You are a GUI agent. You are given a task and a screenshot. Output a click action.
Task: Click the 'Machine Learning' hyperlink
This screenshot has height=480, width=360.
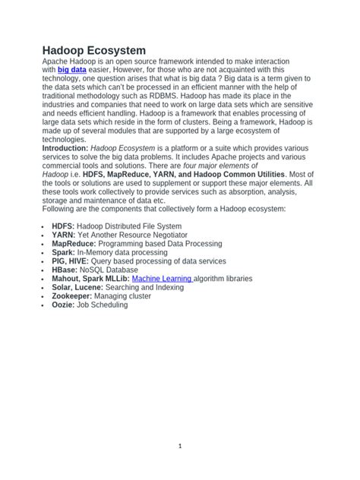(x=162, y=279)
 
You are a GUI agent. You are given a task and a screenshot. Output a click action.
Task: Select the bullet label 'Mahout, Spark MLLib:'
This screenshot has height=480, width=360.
(x=90, y=279)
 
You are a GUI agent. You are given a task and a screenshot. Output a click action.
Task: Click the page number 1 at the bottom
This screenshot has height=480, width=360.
(x=180, y=447)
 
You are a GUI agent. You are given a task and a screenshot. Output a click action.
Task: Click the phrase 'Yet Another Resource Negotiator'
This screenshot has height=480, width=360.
(x=135, y=235)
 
